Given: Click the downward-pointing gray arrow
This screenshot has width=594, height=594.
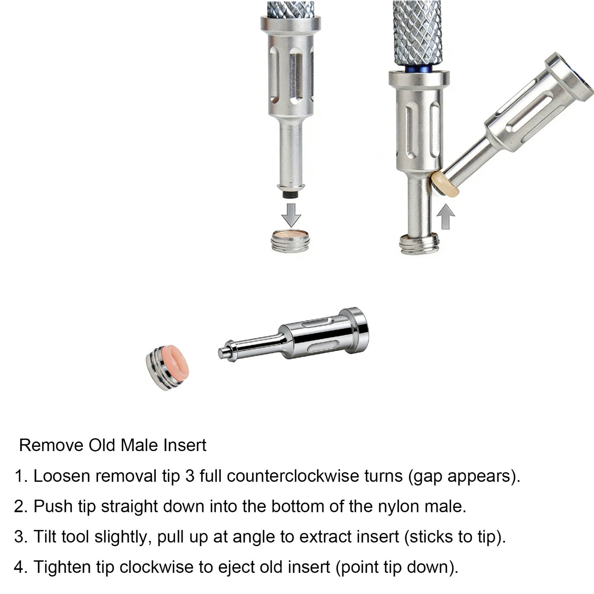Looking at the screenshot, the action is click(x=291, y=215).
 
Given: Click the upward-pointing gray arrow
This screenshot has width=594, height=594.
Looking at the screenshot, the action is click(x=446, y=217).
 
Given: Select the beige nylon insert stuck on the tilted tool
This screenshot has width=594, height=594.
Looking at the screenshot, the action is click(x=445, y=183).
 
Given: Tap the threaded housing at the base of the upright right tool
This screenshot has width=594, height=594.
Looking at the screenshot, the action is click(x=420, y=245).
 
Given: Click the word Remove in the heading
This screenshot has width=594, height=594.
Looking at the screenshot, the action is click(x=52, y=445).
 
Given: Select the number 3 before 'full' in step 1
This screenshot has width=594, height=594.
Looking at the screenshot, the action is click(x=190, y=476).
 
